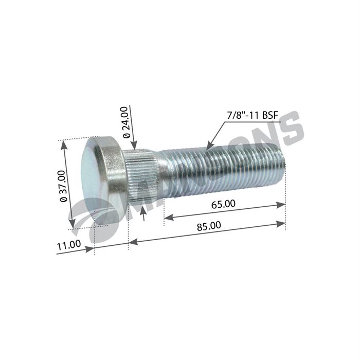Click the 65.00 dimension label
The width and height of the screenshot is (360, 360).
point(223,204)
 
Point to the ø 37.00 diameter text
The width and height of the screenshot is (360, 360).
point(63,186)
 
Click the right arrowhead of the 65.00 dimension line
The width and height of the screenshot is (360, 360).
point(282,205)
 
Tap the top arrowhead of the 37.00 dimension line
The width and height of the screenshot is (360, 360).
point(64,145)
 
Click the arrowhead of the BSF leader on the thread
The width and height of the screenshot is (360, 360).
point(208,148)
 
